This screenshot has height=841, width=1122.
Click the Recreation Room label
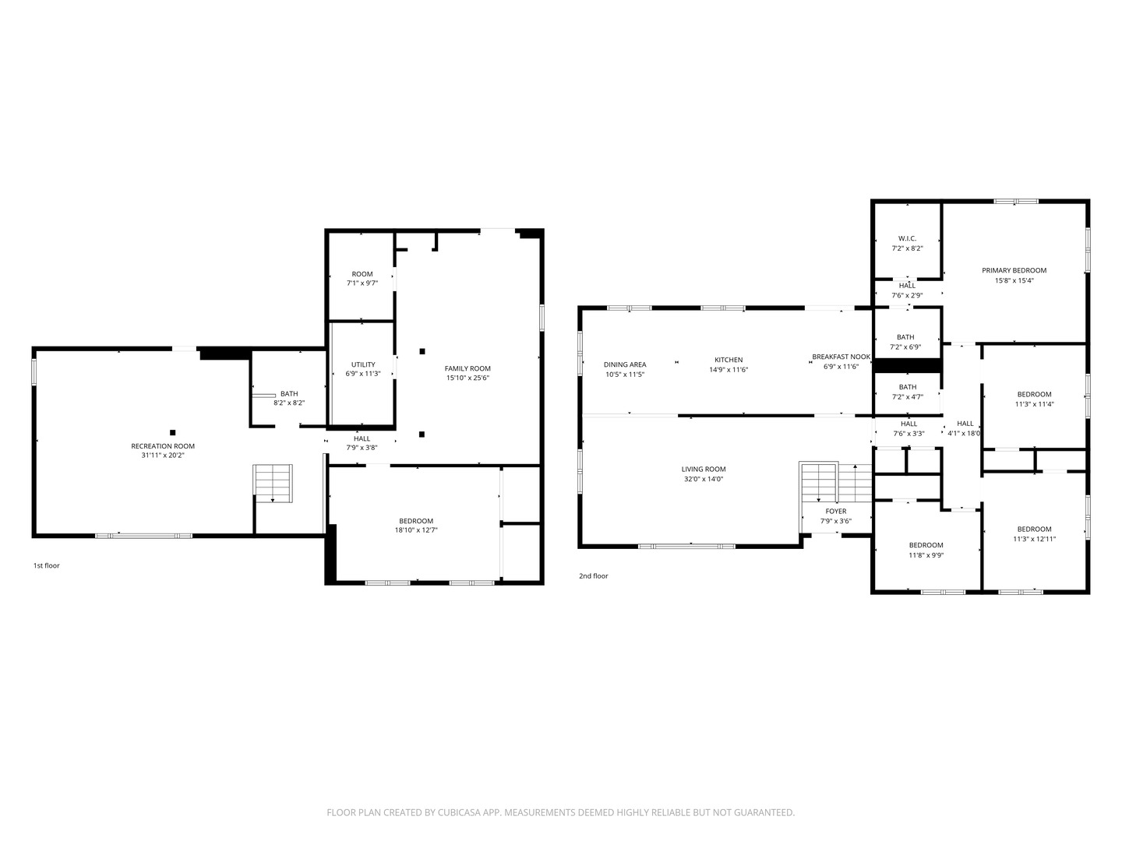click(x=163, y=446)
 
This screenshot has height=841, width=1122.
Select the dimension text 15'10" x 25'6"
click(x=467, y=378)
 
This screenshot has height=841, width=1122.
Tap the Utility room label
click(x=363, y=364)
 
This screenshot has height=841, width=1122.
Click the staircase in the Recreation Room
click(x=273, y=484)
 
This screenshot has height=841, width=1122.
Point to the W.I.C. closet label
click(x=907, y=238)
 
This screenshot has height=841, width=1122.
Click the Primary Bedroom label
click(x=1014, y=270)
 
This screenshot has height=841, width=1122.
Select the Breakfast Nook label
click(x=841, y=357)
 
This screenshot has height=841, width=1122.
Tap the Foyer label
click(x=835, y=512)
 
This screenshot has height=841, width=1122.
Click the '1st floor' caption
click(x=46, y=565)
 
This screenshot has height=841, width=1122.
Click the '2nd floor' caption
click(x=593, y=576)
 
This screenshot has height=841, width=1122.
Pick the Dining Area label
click(x=625, y=364)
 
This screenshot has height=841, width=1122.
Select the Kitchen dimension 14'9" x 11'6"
click(x=729, y=370)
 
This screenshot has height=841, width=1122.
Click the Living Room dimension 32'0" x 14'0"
click(x=704, y=479)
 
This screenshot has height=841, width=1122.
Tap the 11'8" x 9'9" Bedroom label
click(x=926, y=545)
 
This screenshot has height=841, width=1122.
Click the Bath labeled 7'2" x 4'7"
click(x=908, y=387)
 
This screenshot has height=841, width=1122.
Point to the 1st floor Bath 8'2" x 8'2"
click(x=289, y=394)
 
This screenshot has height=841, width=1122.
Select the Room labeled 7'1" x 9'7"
click(x=362, y=274)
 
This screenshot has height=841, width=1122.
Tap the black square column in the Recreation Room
click(x=173, y=432)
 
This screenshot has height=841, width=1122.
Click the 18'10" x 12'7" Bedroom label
click(x=416, y=521)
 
